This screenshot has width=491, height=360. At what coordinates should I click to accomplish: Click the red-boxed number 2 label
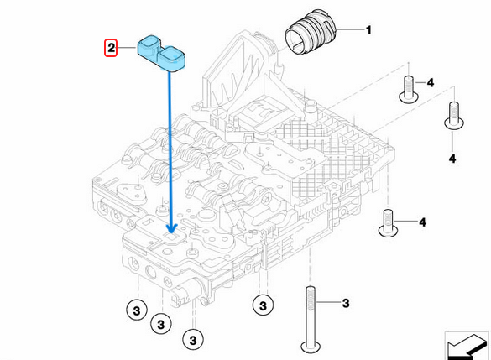point(110,48)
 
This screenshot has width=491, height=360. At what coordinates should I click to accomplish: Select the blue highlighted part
point(162,54)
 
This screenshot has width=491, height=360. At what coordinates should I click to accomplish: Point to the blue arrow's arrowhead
point(171,227)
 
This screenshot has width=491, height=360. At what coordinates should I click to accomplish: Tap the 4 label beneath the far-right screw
point(452,157)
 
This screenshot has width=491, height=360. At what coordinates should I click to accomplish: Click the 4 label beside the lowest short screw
point(423,222)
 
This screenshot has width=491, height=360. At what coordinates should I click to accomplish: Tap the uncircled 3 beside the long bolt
point(343,301)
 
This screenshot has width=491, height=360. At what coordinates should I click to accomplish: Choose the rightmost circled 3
point(261,304)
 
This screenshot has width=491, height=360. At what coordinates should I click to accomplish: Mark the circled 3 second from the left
point(159,322)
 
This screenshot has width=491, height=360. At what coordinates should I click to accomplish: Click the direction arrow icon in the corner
point(467,344)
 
